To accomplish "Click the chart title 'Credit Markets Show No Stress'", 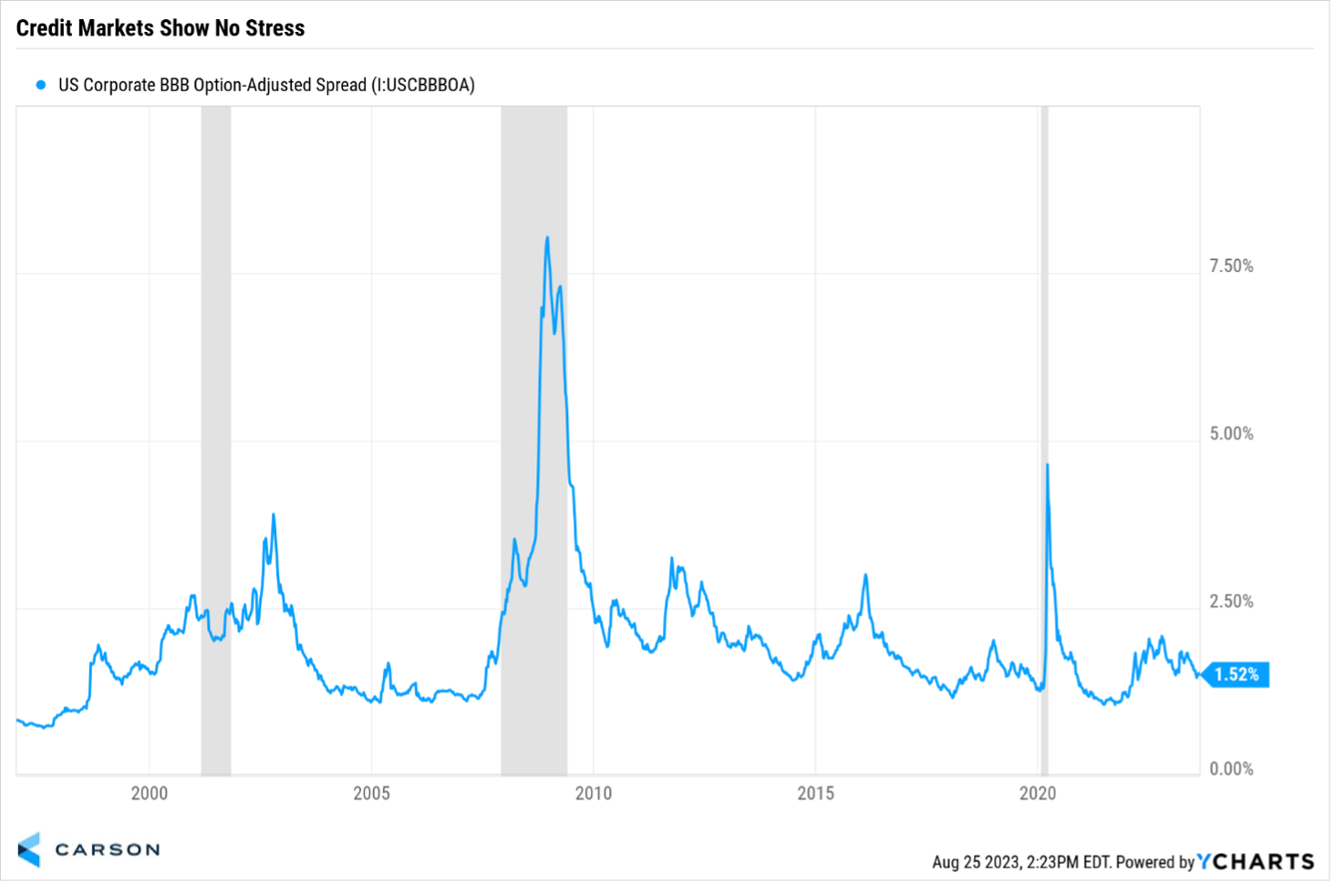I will [160, 28].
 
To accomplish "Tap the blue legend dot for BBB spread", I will [40, 85].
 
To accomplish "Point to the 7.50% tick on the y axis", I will [1231, 265].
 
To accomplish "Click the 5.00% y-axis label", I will [1231, 433].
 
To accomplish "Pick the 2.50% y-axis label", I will [1231, 601].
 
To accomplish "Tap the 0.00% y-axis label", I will [1231, 769].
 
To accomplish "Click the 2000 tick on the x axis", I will [150, 793].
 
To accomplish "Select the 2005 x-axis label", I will [371, 793].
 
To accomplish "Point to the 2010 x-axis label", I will [594, 793].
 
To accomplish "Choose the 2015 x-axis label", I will [815, 793].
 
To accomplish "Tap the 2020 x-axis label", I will [1038, 793].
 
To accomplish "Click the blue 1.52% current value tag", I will [1236, 674].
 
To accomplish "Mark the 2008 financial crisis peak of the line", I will [547, 238].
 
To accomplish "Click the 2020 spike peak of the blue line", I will [1047, 465].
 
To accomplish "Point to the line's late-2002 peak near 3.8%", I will [274, 515].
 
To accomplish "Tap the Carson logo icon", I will [29, 849].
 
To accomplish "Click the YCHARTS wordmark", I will [1256, 861].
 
